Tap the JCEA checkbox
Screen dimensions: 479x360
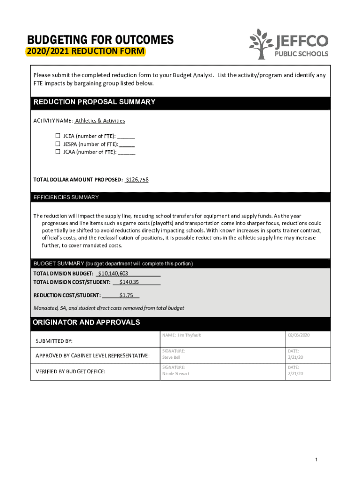[x=58, y=136]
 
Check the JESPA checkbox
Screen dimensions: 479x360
[x=58, y=144]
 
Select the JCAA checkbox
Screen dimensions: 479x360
[x=58, y=152]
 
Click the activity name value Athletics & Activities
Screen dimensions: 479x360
[x=100, y=121]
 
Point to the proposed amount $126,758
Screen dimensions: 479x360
[x=137, y=180]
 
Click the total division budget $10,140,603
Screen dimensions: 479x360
[x=113, y=273]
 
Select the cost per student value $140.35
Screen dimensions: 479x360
[x=129, y=282]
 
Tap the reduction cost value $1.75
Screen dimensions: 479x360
[x=126, y=295]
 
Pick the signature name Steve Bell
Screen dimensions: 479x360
[x=171, y=357]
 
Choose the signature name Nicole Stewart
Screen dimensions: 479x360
[x=176, y=374]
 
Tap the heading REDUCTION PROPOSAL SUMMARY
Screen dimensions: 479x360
[x=94, y=102]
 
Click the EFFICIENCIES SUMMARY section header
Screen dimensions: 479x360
[x=66, y=197]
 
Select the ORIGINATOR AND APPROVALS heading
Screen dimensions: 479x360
[x=86, y=323]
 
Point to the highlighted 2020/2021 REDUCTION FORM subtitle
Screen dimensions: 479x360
[x=86, y=51]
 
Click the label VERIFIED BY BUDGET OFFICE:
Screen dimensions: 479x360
[x=71, y=371]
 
